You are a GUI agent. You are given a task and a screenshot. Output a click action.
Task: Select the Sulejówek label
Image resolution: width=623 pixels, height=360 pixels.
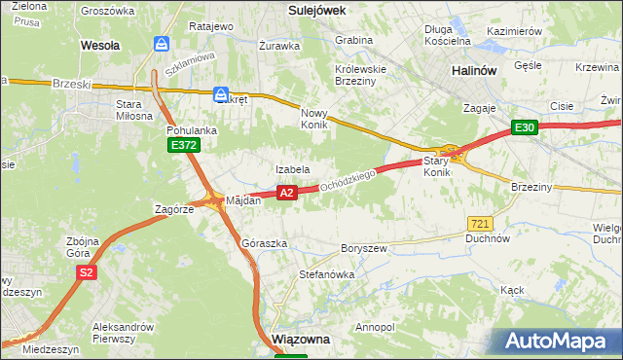pyautogui.click(x=318, y=9)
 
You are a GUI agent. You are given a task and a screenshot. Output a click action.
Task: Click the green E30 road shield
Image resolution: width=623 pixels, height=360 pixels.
pyautogui.click(x=526, y=127)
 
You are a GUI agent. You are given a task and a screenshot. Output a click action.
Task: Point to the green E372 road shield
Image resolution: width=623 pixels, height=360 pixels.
pyautogui.click(x=183, y=145)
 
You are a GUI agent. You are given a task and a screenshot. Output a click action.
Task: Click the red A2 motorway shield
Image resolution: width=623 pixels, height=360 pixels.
pyautogui.click(x=286, y=193)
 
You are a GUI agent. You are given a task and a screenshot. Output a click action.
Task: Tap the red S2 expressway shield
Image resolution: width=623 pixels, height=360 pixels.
pyautogui.click(x=87, y=272)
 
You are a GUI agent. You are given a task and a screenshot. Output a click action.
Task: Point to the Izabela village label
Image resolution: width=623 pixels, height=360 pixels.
pyautogui.click(x=292, y=169)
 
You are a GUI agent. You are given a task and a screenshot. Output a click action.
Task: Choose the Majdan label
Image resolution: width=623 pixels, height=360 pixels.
pyautogui.click(x=243, y=200)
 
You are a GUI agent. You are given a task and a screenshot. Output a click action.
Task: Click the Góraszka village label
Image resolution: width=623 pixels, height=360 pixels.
pyautogui.click(x=264, y=243)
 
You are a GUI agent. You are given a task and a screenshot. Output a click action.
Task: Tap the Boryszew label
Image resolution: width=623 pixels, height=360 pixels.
pyautogui.click(x=364, y=248)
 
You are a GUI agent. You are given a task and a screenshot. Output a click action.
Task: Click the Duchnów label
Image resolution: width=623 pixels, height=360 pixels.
pyautogui.click(x=488, y=237)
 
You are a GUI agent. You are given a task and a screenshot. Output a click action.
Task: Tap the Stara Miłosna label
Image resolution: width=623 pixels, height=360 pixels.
pyautogui.click(x=134, y=109)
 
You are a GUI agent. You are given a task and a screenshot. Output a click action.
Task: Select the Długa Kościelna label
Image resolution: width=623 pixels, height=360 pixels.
pyautogui.click(x=448, y=35)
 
